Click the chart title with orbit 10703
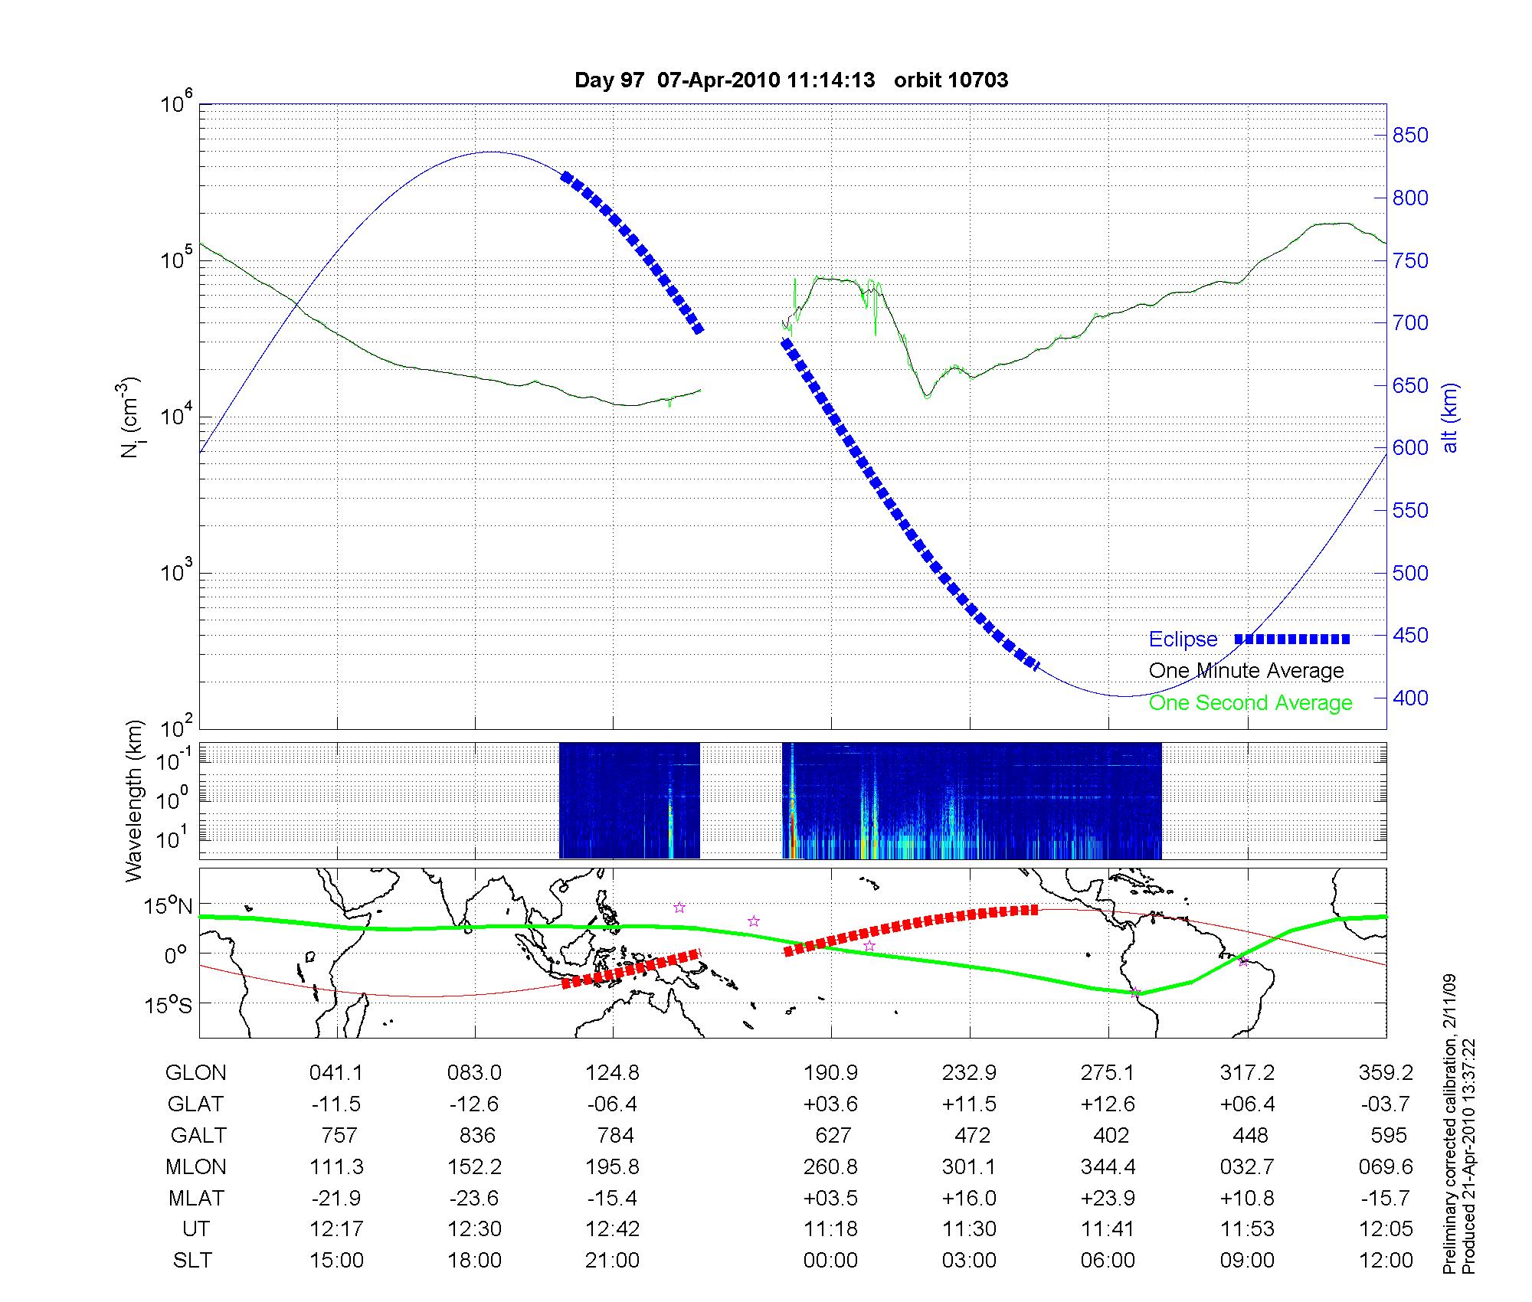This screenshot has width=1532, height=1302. click(x=791, y=80)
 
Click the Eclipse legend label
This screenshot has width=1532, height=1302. click(x=1183, y=640)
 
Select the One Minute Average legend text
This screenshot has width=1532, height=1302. click(x=1246, y=671)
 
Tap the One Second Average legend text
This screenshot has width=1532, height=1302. click(x=1250, y=703)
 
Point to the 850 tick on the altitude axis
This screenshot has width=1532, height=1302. click(x=1409, y=136)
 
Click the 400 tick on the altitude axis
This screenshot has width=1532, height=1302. click(x=1409, y=698)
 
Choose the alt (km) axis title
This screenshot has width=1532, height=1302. click(x=1450, y=417)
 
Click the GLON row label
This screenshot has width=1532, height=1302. click(x=195, y=1072)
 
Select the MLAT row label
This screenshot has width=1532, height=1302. click(x=196, y=1198)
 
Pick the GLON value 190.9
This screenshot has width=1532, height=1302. click(x=830, y=1072)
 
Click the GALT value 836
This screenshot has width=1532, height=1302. click(x=476, y=1135)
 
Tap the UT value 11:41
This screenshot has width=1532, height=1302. click(x=1108, y=1229)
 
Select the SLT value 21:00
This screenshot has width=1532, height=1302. click(x=612, y=1260)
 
